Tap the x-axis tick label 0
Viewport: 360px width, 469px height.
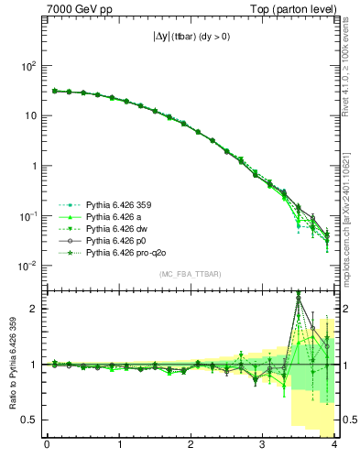[x=47, y=448]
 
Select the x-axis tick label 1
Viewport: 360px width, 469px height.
[x=119, y=448]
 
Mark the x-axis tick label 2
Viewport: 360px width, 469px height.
[x=191, y=448]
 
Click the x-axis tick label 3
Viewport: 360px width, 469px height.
[x=263, y=448]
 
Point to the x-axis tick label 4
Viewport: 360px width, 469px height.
[x=334, y=448]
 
